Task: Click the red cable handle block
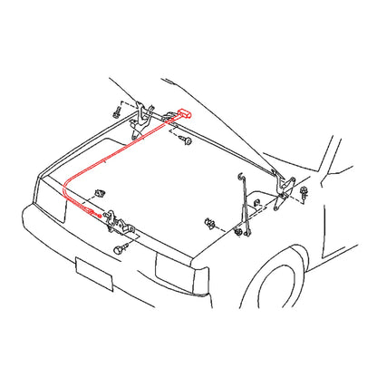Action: (185, 115)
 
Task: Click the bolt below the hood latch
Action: (121, 246)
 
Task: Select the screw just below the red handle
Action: (186, 140)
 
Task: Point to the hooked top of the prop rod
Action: (240, 176)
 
